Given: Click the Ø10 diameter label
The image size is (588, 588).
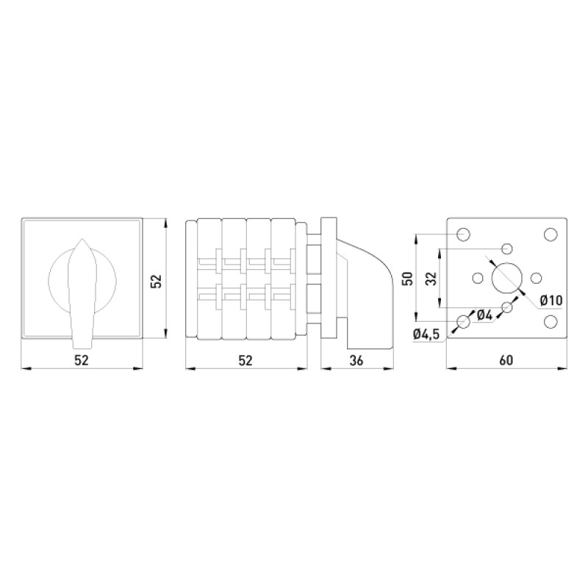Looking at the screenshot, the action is [x=551, y=300].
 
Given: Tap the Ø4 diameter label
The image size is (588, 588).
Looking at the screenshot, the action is [x=484, y=315].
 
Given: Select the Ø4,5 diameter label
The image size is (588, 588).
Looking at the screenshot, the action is [x=426, y=334].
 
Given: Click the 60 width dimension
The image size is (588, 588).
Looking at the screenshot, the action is [x=506, y=360].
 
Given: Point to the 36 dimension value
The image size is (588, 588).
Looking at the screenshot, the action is [x=356, y=360].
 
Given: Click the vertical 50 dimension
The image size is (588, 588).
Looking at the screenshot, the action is [x=407, y=279].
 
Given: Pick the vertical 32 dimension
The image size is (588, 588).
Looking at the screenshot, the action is [x=431, y=279].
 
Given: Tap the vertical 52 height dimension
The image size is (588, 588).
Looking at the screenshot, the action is [x=156, y=282].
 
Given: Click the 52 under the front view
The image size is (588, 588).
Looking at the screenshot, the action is [x=82, y=360].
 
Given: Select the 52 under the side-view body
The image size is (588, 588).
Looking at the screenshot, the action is [x=245, y=360].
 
